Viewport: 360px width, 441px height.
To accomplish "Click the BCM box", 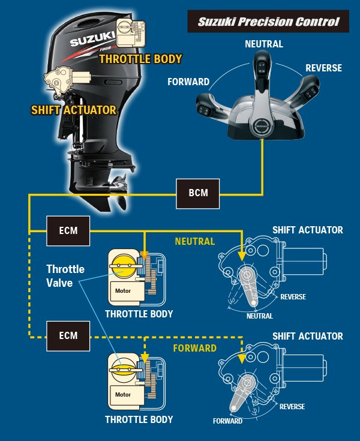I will tap(197, 194).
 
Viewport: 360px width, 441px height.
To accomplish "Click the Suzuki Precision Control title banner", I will tap(268, 22).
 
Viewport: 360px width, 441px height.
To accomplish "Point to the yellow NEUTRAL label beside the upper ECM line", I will tap(194, 241).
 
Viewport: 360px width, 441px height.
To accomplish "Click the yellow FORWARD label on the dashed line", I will tap(195, 348).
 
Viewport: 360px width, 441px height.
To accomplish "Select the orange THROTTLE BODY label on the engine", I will tap(140, 59).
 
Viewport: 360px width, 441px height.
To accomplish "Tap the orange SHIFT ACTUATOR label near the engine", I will tap(74, 110).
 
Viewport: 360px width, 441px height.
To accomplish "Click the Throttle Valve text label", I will tap(65, 275).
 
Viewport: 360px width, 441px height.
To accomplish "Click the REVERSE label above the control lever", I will tap(323, 68).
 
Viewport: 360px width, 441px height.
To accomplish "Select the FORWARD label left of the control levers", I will tap(189, 82).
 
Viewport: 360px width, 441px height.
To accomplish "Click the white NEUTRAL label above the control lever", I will tap(264, 44).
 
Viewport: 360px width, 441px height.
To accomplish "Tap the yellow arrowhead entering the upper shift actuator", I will tap(242, 255).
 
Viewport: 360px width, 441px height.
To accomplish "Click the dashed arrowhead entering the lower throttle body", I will tap(146, 358).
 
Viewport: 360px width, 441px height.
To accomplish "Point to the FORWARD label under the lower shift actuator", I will tap(227, 421).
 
